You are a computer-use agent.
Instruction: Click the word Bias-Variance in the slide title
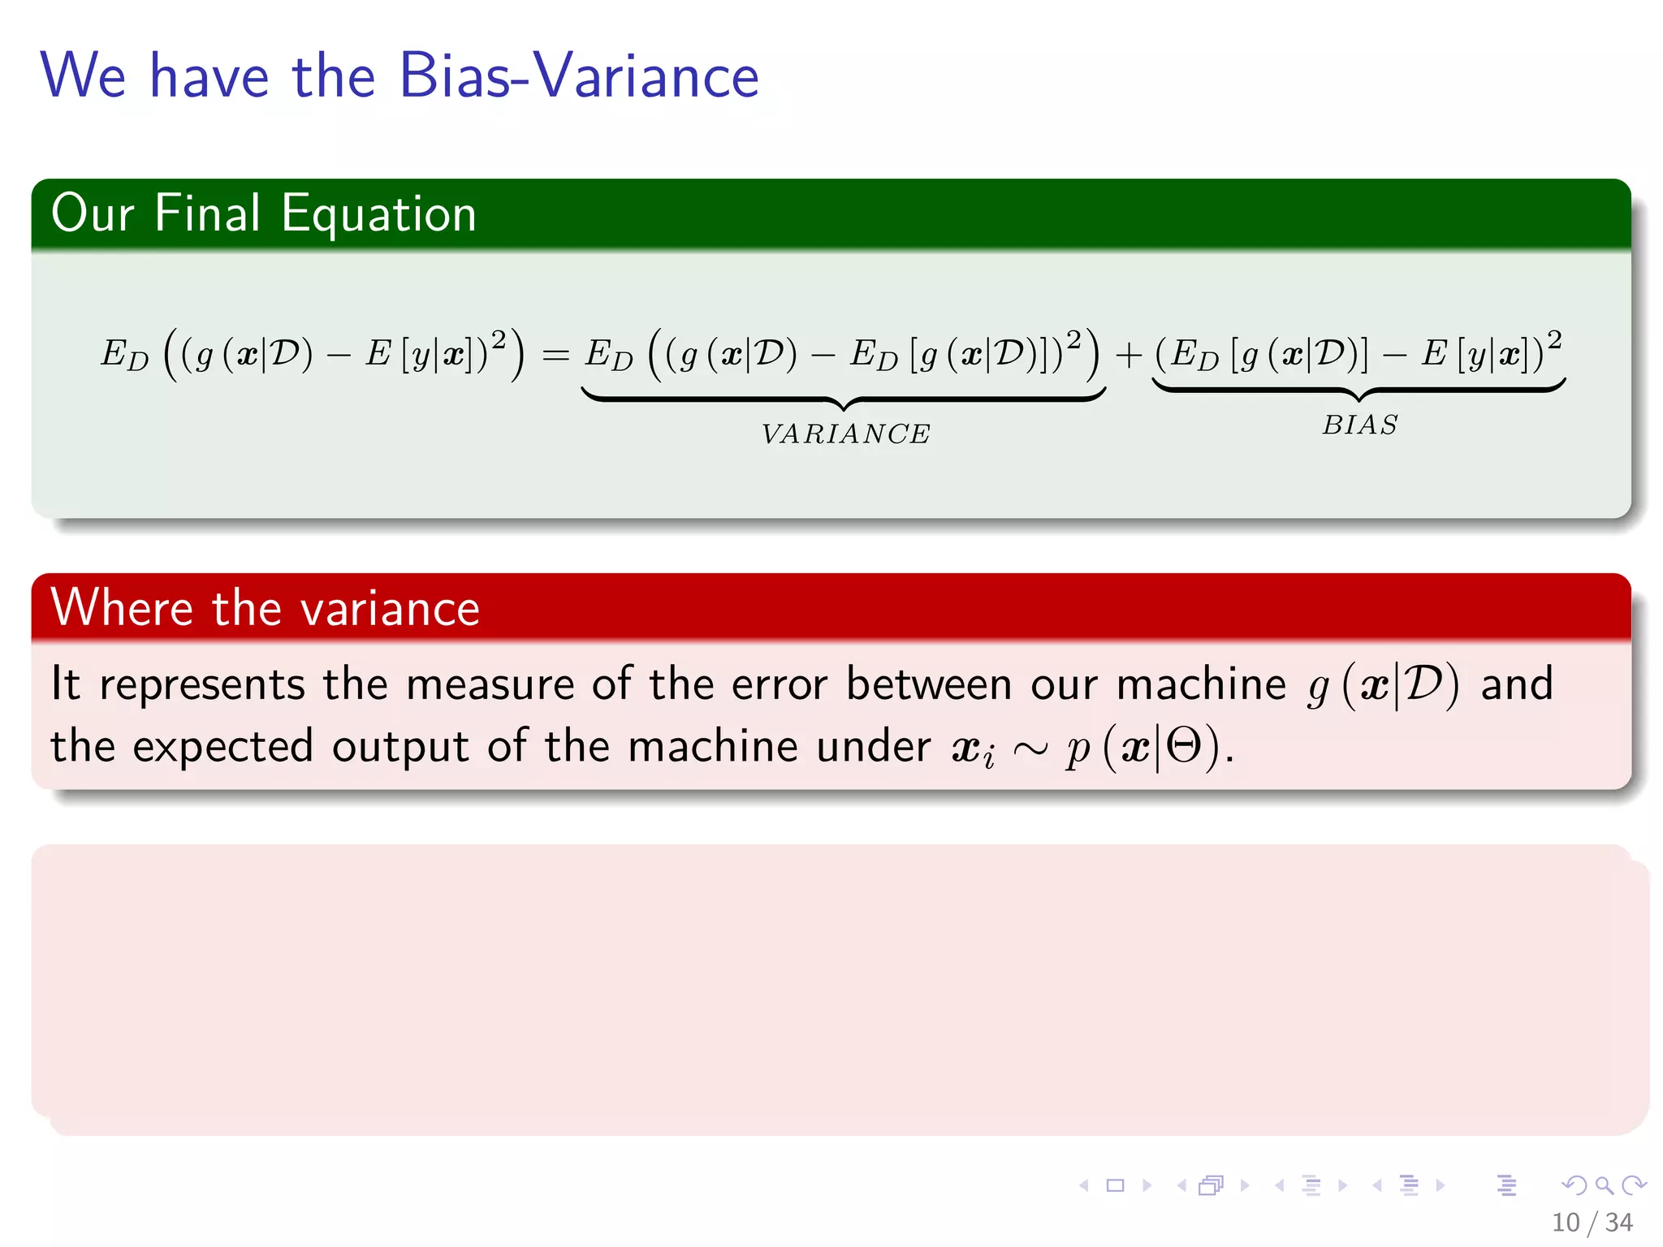click(x=578, y=76)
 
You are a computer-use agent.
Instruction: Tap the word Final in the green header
click(x=207, y=214)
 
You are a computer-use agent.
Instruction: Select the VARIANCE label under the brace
click(x=845, y=434)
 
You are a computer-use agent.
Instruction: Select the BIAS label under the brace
click(x=1359, y=425)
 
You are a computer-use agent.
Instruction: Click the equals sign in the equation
click(x=555, y=356)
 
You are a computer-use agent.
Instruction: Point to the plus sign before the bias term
click(x=1129, y=356)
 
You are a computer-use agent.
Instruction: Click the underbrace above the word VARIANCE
click(x=844, y=398)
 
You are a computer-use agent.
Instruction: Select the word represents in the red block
click(x=201, y=685)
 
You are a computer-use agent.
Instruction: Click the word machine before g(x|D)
click(x=1201, y=684)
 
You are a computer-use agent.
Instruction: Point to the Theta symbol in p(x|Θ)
click(x=1183, y=746)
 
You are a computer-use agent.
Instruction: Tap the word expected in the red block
click(x=222, y=748)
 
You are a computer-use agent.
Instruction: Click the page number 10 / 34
click(x=1592, y=1222)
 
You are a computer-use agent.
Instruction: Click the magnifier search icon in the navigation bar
click(x=1604, y=1185)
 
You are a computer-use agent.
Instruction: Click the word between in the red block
click(x=929, y=684)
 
